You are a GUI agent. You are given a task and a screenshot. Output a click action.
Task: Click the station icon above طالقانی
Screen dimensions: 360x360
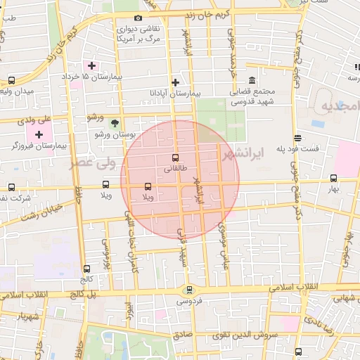[x=175, y=157]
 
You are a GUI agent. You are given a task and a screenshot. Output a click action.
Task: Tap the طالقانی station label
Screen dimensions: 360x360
[x=175, y=169]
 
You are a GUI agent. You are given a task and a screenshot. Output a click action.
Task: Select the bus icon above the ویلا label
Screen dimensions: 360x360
[x=148, y=187]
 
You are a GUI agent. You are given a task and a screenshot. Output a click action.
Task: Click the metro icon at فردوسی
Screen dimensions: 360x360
[x=188, y=290]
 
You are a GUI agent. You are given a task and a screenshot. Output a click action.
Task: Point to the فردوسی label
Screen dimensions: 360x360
[x=188, y=301]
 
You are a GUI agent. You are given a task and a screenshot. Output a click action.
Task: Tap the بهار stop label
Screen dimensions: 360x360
[x=333, y=189]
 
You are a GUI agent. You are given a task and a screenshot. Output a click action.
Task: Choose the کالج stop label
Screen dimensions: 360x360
[x=86, y=278]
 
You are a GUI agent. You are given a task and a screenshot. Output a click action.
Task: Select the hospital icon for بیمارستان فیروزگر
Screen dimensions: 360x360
[x=39, y=134]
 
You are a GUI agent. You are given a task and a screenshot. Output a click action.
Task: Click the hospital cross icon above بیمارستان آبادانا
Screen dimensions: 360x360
[x=175, y=82]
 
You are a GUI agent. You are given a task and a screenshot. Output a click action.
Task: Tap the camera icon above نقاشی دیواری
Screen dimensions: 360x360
[x=138, y=18]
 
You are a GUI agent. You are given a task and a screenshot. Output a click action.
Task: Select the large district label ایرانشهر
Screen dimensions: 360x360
[x=239, y=151]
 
